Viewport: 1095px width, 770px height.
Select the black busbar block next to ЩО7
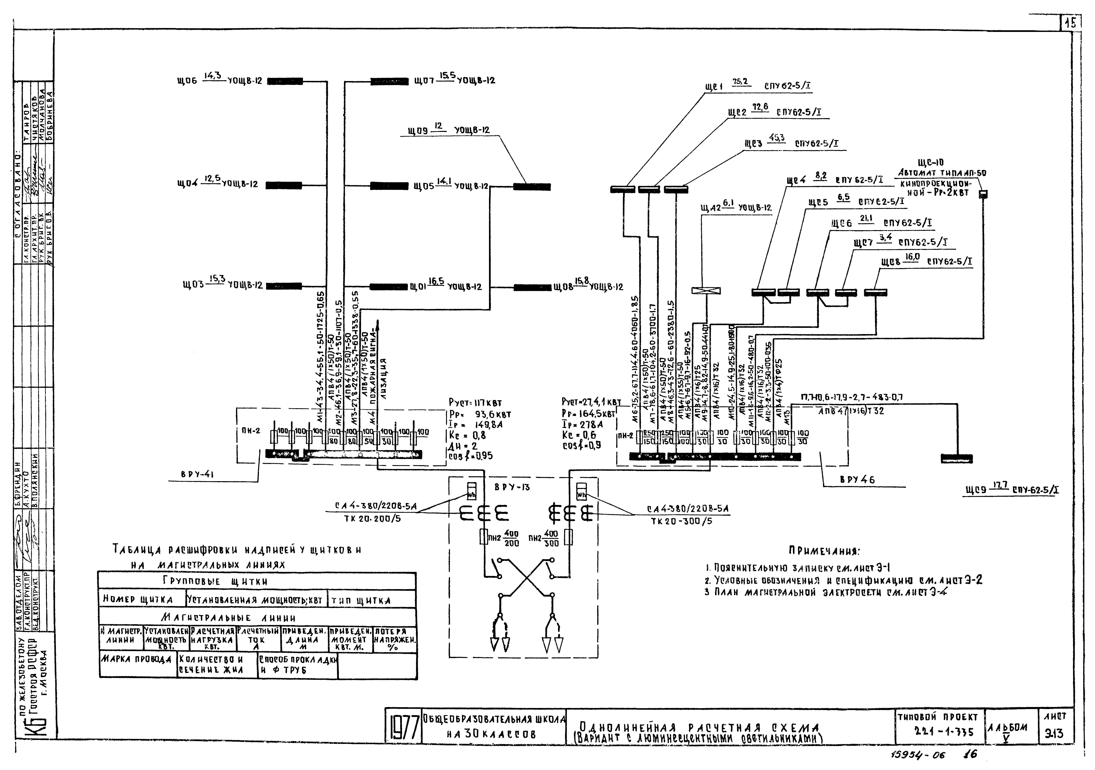389,81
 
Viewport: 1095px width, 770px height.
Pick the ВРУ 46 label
857,480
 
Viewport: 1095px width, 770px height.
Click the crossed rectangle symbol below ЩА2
706,291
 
